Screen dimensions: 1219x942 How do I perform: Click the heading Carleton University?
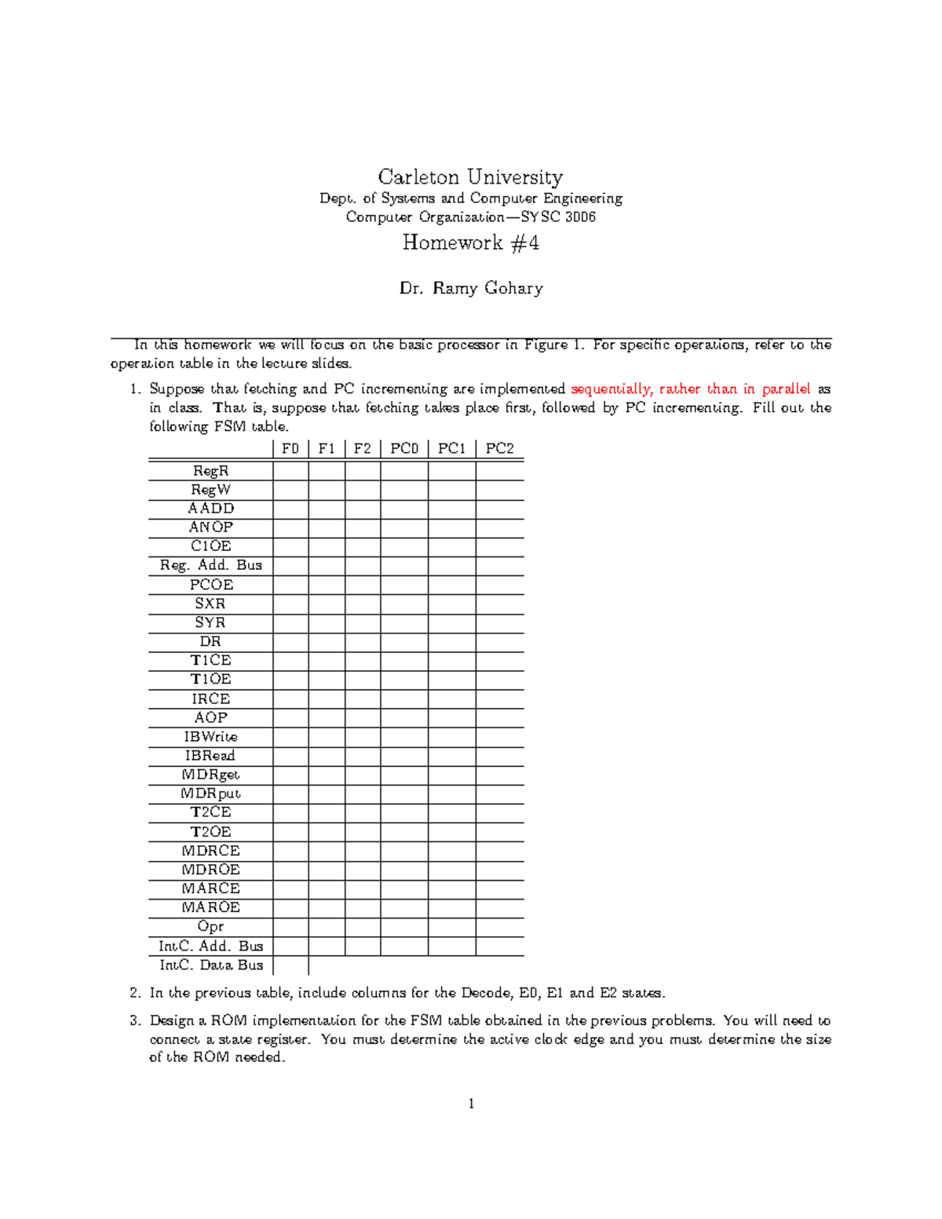click(x=470, y=177)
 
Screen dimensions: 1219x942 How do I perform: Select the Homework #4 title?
click(x=470, y=243)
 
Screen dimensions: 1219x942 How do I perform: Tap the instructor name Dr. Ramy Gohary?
click(x=470, y=288)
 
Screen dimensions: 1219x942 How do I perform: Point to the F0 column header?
click(x=290, y=448)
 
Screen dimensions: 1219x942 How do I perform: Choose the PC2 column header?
click(x=499, y=448)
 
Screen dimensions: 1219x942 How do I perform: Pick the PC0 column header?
click(x=404, y=448)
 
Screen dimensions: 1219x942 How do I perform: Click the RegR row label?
click(x=210, y=471)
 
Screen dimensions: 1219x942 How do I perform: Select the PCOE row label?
click(x=210, y=585)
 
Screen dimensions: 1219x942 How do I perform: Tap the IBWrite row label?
click(x=210, y=736)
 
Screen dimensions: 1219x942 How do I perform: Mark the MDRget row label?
click(x=210, y=775)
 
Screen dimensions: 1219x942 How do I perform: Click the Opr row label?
click(x=210, y=926)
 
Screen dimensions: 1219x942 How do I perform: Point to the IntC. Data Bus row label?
click(x=210, y=965)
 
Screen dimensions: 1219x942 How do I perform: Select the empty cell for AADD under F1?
click(x=327, y=509)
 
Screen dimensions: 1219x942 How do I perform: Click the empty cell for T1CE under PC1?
click(x=451, y=660)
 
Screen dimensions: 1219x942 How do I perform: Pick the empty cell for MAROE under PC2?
click(x=499, y=907)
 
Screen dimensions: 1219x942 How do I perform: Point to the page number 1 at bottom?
click(x=471, y=1104)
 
